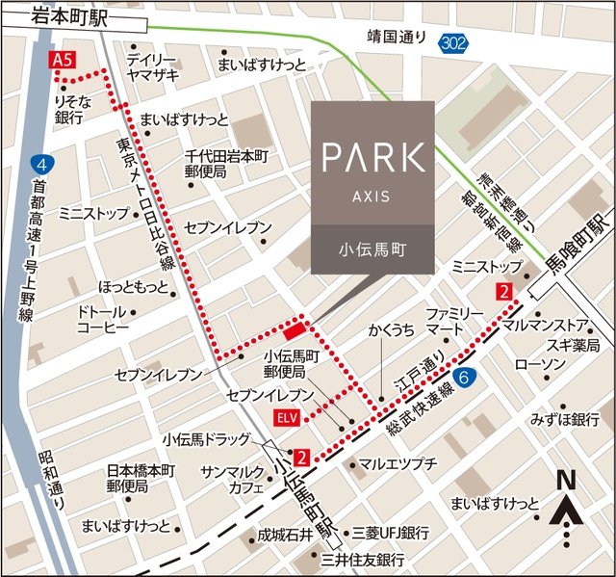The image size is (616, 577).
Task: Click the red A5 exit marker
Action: [x=63, y=61]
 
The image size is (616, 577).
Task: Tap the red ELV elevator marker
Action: [x=286, y=417]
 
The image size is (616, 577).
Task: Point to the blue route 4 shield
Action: [x=38, y=164]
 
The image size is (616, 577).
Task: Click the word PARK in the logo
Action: [x=372, y=157]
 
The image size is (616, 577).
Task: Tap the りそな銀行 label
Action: [x=69, y=108]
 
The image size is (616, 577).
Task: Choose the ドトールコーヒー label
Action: [x=103, y=320]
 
